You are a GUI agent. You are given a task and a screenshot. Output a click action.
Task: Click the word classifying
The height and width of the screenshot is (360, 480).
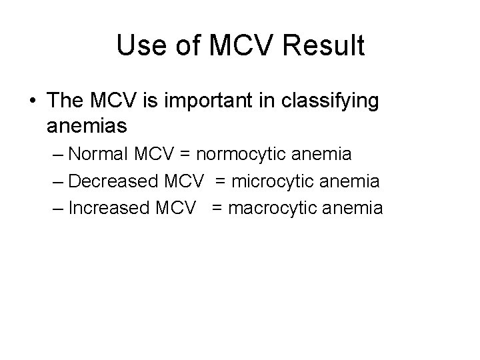click(x=331, y=101)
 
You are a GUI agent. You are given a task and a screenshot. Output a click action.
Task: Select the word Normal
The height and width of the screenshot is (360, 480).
click(x=101, y=154)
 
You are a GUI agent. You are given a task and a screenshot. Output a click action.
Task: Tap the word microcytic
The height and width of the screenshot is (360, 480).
click(x=273, y=182)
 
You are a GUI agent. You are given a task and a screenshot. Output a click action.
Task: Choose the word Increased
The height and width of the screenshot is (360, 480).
click(x=109, y=208)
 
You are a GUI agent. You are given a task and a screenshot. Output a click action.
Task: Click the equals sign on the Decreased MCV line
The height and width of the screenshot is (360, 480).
click(x=221, y=181)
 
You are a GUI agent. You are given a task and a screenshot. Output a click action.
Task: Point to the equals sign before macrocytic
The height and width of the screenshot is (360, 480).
click(x=218, y=209)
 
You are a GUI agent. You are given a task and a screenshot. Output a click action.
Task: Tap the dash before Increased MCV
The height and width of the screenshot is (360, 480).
click(x=57, y=209)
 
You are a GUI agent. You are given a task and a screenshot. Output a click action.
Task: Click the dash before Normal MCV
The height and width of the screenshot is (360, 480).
click(x=57, y=155)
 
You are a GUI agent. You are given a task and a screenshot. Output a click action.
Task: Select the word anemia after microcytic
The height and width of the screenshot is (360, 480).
click(x=350, y=181)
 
